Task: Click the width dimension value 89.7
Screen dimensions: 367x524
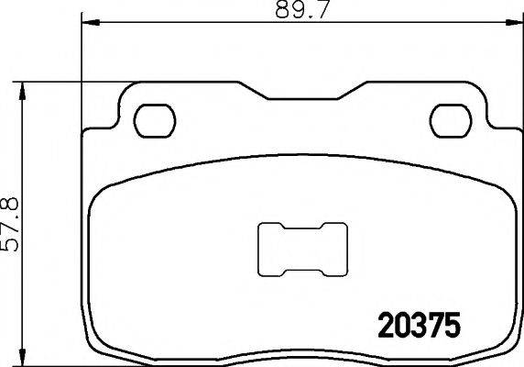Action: [299, 13]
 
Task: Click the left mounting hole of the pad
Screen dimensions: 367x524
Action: [154, 118]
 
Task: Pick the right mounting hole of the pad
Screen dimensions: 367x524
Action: [449, 118]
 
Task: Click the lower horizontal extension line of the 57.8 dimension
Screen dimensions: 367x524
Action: [55, 364]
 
